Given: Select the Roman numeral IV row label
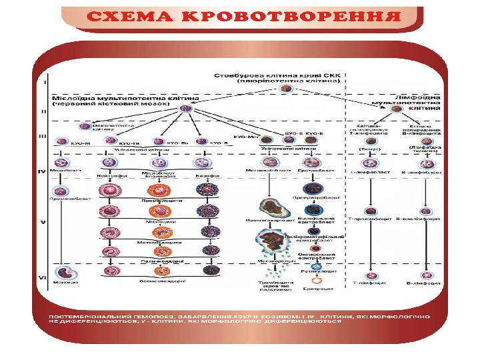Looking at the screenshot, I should click(41, 171).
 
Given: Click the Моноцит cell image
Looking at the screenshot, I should click(63, 273).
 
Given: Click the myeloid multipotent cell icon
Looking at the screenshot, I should click(187, 107).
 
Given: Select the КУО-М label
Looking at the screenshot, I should click(62, 143).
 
